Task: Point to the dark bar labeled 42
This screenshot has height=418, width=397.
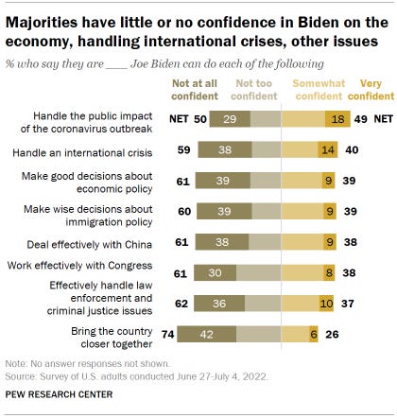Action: point(200,333)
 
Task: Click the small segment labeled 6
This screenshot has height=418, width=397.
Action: point(313,333)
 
